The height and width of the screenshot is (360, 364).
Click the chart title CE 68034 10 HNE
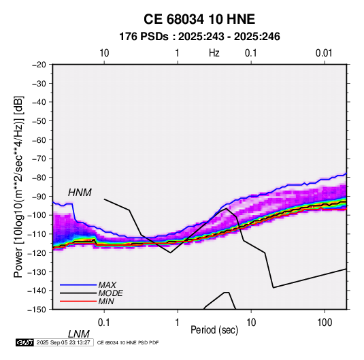(199, 19)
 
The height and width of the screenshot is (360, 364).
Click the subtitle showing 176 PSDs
(199, 37)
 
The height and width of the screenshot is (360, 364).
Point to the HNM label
(80, 193)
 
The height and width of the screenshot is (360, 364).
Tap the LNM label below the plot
(79, 334)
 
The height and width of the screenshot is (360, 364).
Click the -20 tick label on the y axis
(39, 65)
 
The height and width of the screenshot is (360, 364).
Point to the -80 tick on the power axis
(39, 178)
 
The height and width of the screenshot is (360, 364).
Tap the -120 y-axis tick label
(37, 252)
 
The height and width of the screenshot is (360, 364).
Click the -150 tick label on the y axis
(37, 310)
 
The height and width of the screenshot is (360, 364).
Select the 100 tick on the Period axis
(325, 323)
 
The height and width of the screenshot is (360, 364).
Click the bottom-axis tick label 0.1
(104, 323)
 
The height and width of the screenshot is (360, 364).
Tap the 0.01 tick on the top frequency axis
(324, 53)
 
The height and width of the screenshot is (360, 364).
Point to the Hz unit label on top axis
(214, 53)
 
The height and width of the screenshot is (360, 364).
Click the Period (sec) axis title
(214, 330)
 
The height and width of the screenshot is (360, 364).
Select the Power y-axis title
(18, 186)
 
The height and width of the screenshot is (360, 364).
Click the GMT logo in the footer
(25, 342)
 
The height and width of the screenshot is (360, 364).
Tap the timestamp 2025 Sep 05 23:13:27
(63, 342)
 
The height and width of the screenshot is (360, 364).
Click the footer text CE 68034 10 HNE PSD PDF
(128, 342)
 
